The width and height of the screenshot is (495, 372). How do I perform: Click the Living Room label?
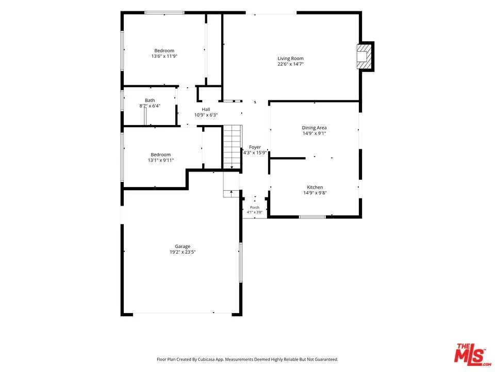tap(290, 58)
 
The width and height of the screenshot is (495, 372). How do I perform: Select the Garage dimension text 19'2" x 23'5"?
tap(183, 252)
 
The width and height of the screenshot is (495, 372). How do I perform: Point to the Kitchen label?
tap(315, 187)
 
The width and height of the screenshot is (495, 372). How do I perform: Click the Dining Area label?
tap(314, 128)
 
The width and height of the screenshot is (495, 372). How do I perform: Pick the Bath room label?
tap(150, 100)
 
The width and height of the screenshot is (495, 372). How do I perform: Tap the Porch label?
tap(254, 208)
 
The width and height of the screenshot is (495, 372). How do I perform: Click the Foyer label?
tap(255, 147)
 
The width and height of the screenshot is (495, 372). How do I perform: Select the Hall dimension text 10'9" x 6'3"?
tap(206, 115)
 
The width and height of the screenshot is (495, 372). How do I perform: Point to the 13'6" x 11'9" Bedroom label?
tap(164, 51)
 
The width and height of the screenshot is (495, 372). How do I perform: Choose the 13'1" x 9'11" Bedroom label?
tap(161, 154)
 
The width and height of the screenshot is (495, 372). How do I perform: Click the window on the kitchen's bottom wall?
tap(312, 216)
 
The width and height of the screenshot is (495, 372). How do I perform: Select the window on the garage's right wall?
tap(240, 262)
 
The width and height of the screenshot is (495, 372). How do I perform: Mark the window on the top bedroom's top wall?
tap(164, 12)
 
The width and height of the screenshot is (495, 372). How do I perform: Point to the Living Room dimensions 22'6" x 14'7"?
tap(290, 64)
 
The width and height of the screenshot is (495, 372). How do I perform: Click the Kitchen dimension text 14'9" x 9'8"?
tap(315, 193)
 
